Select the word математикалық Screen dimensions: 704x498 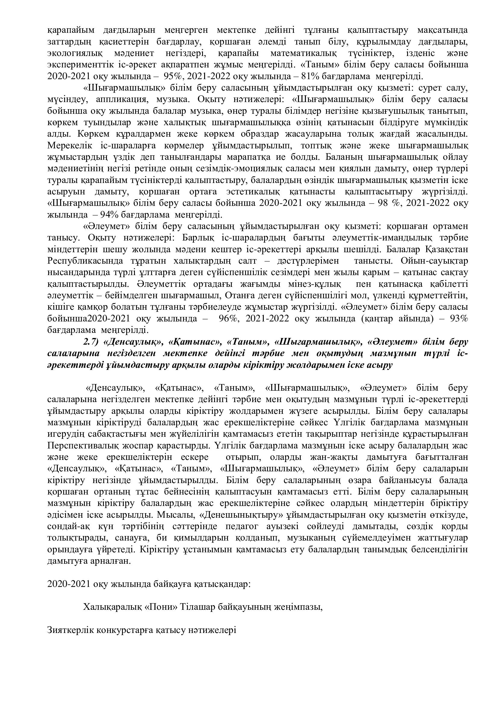pyautogui.click(x=303, y=53)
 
